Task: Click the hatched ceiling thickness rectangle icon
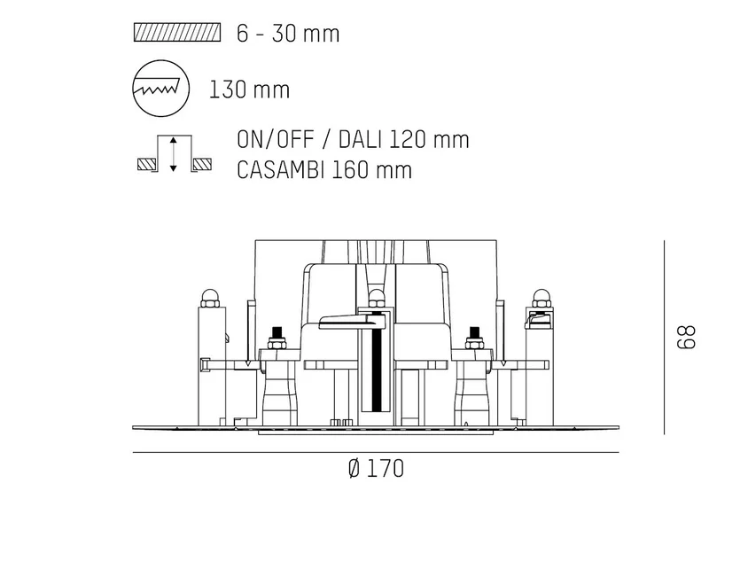pyautogui.click(x=177, y=33)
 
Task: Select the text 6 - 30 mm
pyautogui.click(x=288, y=34)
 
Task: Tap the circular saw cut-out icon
pyautogui.click(x=160, y=89)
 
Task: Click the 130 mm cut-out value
pyautogui.click(x=250, y=90)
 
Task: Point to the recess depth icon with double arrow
pyautogui.click(x=174, y=153)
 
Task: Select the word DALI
pyautogui.click(x=360, y=139)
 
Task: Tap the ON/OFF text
pyautogui.click(x=276, y=139)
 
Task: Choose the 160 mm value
pyautogui.click(x=371, y=170)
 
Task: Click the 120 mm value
pyautogui.click(x=429, y=139)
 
